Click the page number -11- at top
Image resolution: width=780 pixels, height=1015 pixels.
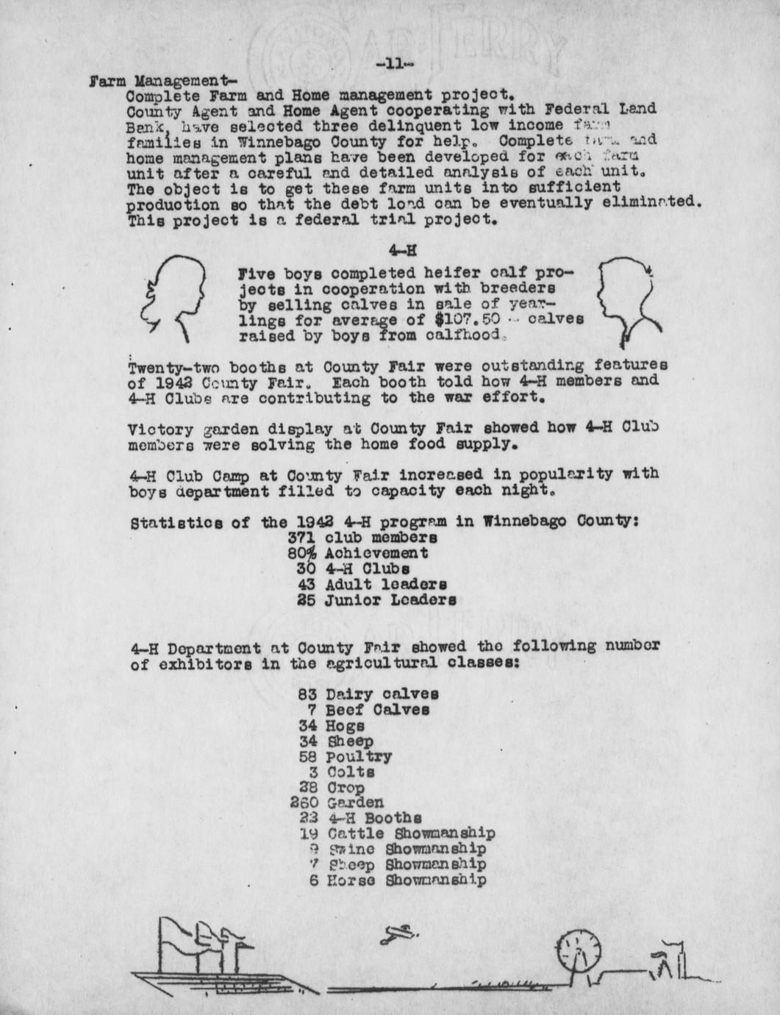[395, 64]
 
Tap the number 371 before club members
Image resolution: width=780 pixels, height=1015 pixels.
[303, 537]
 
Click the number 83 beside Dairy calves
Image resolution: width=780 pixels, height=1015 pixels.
[308, 694]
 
